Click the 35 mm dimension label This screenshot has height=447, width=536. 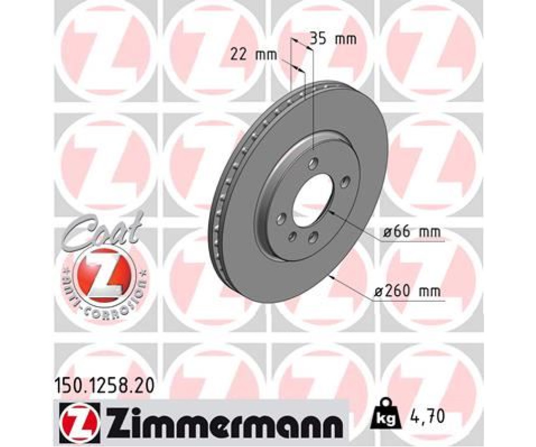coord(333,39)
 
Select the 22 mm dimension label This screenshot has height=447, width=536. coord(253,55)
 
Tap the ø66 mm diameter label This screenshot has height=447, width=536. coord(411,232)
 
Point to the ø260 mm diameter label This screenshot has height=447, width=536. coord(408,292)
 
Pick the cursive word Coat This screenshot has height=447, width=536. coord(103,229)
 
